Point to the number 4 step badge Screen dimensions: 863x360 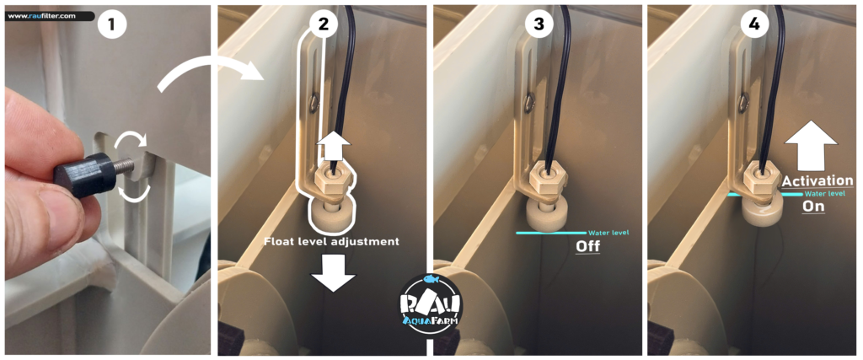click(x=754, y=24)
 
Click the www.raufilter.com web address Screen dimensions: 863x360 click(x=42, y=16)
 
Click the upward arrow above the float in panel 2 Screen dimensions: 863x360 click(x=333, y=147)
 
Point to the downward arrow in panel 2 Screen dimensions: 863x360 click(x=333, y=273)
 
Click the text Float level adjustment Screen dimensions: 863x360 click(x=331, y=241)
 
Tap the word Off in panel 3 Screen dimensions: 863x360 click(x=587, y=247)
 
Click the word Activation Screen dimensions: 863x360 click(x=817, y=180)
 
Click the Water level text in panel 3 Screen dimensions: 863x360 click(x=608, y=233)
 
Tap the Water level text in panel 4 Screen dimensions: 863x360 click(x=823, y=194)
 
